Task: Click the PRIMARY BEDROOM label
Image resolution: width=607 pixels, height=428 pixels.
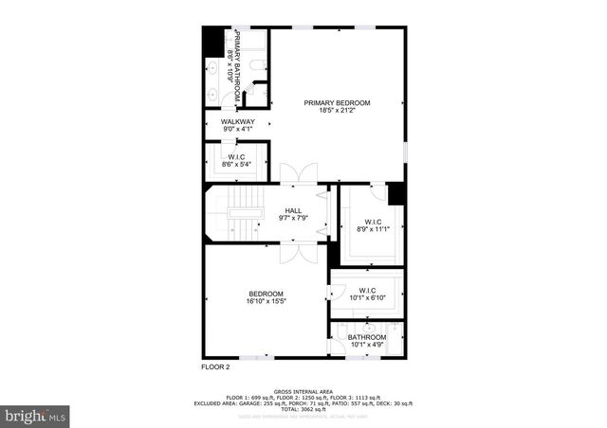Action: click(337, 102)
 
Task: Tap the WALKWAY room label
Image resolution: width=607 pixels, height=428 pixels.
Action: click(238, 122)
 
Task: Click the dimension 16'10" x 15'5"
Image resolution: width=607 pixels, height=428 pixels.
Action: click(267, 301)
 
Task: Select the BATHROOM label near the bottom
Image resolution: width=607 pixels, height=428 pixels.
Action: click(367, 337)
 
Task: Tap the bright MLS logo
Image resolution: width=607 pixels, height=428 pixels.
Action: click(36, 415)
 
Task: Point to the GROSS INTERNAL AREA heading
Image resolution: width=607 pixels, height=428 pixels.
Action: click(303, 390)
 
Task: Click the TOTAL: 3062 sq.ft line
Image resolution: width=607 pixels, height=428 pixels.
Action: click(303, 409)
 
